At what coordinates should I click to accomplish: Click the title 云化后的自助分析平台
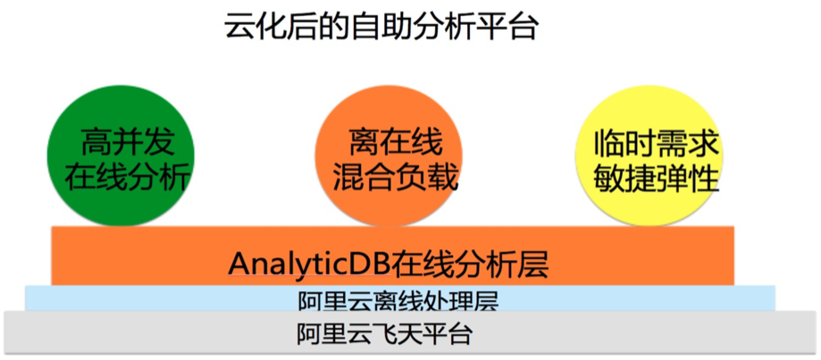pos(381,27)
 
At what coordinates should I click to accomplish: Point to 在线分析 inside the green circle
pos(126,179)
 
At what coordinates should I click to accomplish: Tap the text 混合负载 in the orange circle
pos(396,179)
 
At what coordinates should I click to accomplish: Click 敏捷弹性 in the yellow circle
pos(656,179)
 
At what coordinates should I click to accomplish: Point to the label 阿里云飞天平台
pos(384,334)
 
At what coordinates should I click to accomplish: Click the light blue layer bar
pos(400,297)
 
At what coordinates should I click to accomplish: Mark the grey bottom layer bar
pos(411,333)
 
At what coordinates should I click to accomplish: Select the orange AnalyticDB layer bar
pos(393,255)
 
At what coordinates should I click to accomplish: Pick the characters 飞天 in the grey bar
pos(401,334)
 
